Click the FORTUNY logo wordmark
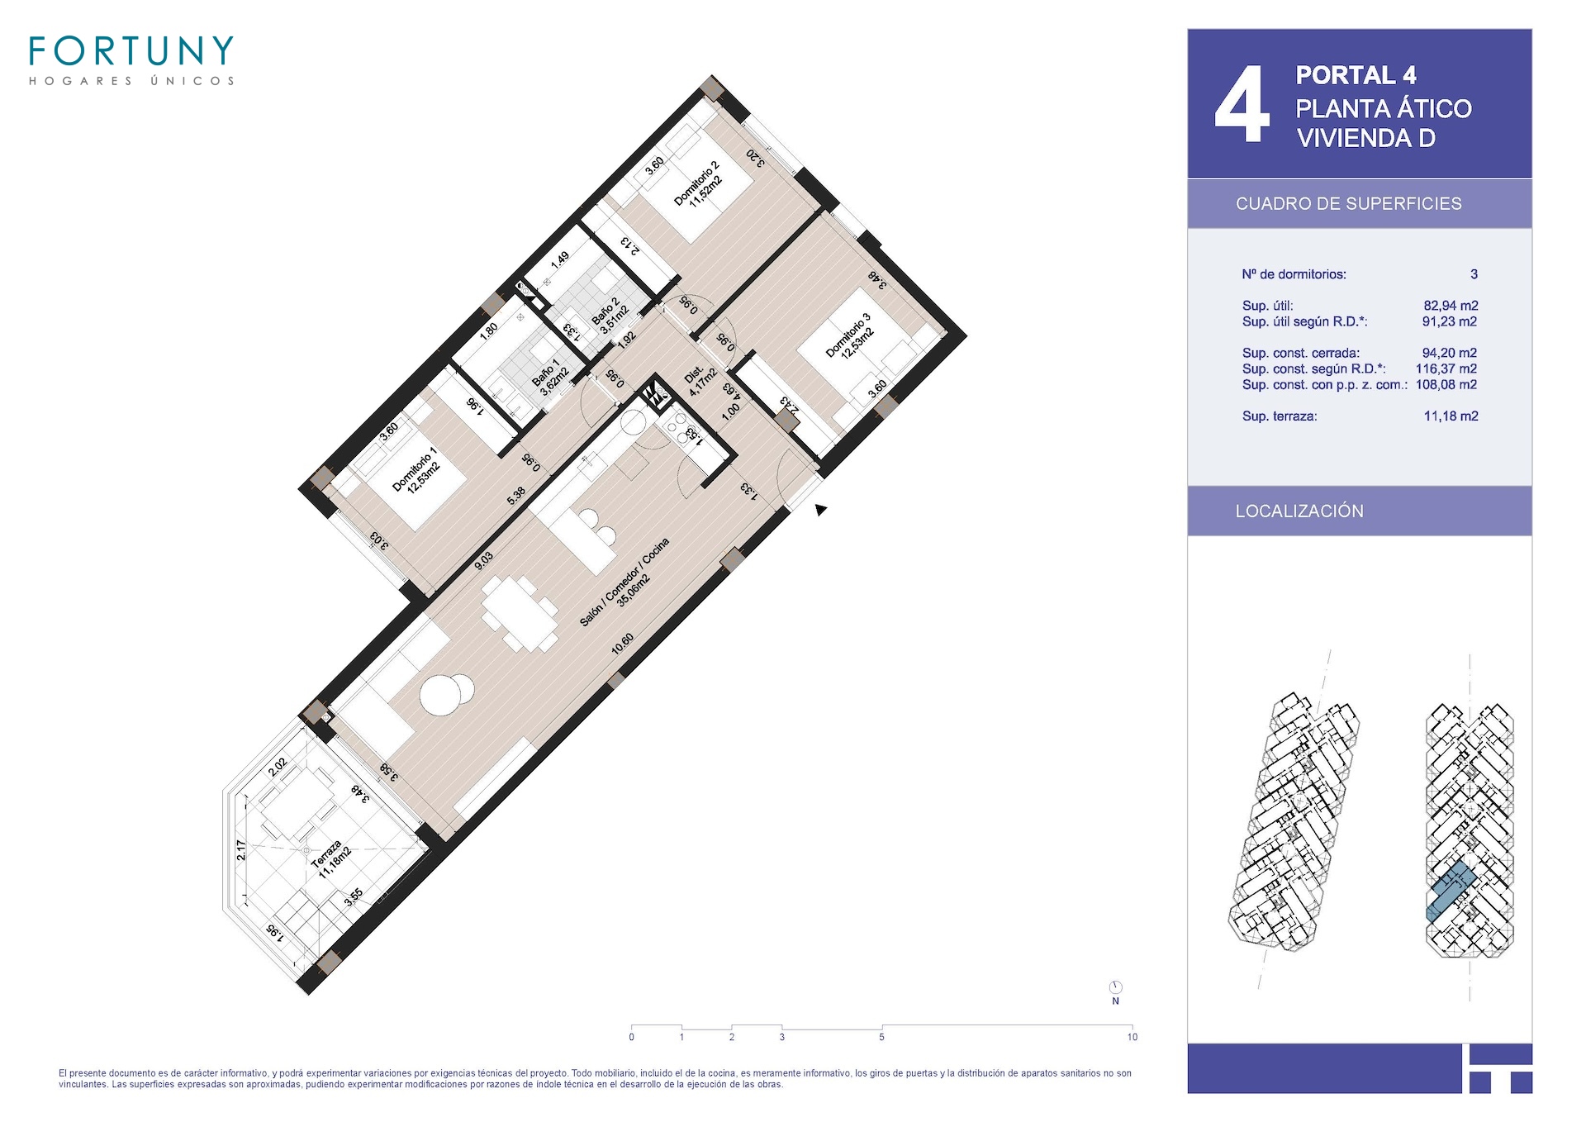(131, 51)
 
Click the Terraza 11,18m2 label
(332, 860)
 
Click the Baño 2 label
(610, 315)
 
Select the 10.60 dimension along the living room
(623, 644)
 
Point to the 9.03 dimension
(483, 561)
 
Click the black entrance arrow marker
(820, 510)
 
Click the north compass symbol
(1115, 987)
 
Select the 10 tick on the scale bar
(1132, 1037)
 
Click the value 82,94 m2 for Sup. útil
(1451, 306)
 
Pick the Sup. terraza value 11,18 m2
(1451, 416)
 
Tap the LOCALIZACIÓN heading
(1299, 511)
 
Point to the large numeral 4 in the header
(1242, 105)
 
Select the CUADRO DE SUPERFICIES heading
(1348, 204)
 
